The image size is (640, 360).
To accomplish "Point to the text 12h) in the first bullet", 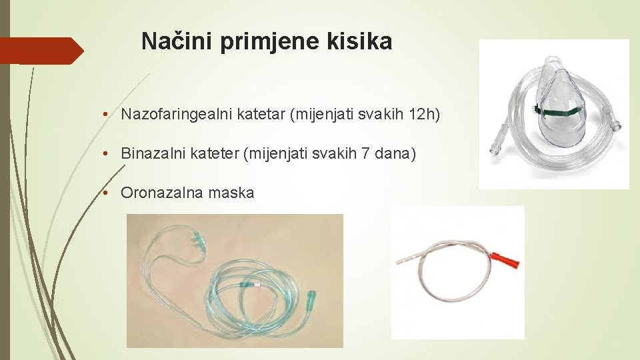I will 424,115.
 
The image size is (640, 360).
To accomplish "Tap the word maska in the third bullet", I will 231,193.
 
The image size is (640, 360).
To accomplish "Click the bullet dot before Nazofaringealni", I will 106,115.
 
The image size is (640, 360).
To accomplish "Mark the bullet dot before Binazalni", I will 106,155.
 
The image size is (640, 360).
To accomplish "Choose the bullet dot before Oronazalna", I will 106,194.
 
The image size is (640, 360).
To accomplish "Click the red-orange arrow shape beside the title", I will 40,51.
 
